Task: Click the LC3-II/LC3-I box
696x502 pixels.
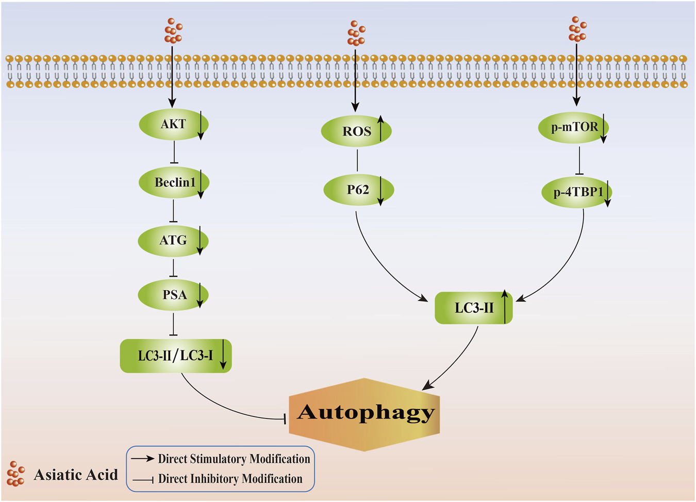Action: pos(175,356)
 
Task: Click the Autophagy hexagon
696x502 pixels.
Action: pos(364,414)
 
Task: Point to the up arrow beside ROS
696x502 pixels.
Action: pos(380,128)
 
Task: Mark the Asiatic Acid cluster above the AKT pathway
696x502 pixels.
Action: pos(173,31)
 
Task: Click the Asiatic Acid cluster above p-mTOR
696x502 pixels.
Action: pos(577,29)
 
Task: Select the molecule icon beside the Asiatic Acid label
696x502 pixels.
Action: pos(16,474)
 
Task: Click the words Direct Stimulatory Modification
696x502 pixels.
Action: pos(234,459)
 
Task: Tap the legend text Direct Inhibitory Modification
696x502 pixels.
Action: pos(230,479)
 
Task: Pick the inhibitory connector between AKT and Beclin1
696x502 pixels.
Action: pos(174,152)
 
